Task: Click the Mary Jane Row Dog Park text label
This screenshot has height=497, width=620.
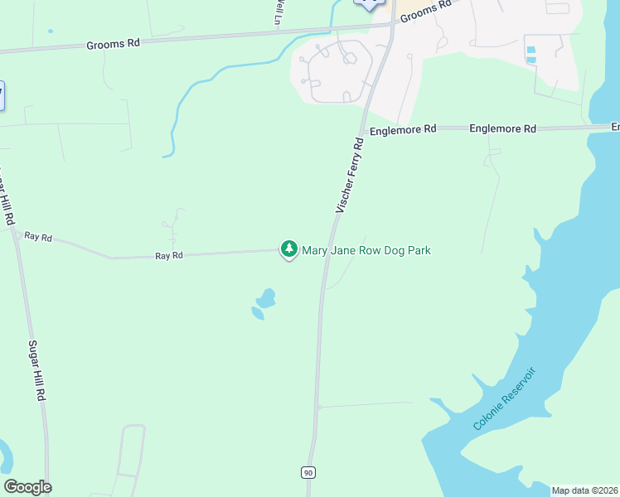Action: click(x=366, y=250)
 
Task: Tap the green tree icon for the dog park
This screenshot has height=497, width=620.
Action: click(x=288, y=248)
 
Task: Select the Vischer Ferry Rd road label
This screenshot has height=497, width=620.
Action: click(x=350, y=176)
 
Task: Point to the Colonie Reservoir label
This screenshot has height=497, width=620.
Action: click(x=505, y=398)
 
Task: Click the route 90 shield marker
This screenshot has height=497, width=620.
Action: click(x=308, y=472)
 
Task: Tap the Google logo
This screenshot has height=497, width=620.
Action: click(x=27, y=486)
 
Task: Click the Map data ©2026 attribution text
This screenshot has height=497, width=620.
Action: click(x=585, y=490)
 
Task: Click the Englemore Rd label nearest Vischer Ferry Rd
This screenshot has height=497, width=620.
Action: click(x=403, y=130)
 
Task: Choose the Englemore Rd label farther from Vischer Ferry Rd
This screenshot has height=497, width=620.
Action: click(x=502, y=129)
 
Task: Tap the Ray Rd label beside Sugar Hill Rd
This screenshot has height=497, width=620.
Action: click(x=38, y=237)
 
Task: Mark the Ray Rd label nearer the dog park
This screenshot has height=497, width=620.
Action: click(x=168, y=256)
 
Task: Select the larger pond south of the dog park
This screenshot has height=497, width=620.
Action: click(x=266, y=297)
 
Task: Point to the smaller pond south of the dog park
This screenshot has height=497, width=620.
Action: click(x=257, y=313)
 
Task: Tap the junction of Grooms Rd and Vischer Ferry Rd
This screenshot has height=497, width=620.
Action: click(x=390, y=25)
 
